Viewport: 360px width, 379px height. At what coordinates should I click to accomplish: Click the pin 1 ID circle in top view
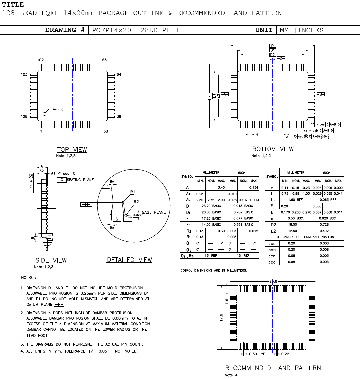click(45, 114)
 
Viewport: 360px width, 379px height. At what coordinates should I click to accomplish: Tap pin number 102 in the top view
click(40, 60)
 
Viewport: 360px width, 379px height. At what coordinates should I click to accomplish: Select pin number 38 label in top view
click(106, 131)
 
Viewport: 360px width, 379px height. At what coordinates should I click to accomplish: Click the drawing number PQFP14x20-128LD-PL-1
click(136, 30)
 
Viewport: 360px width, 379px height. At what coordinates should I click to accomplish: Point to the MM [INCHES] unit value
click(303, 30)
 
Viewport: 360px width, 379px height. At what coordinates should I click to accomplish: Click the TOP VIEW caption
click(72, 150)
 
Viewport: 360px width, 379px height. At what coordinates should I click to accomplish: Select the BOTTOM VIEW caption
click(273, 149)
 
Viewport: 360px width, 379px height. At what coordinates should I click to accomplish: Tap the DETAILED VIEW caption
click(129, 260)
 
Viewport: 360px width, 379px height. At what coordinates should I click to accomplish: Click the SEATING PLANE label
click(80, 180)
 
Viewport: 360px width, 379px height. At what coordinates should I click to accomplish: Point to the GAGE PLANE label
click(154, 212)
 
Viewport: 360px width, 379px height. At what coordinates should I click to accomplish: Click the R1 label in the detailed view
click(132, 192)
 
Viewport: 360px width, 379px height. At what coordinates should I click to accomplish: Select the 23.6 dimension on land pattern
click(273, 281)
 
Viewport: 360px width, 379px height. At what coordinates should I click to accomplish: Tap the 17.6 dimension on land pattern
click(221, 318)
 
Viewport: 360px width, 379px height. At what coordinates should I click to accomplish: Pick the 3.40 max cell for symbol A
click(221, 188)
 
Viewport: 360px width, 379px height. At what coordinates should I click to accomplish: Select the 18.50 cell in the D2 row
click(292, 225)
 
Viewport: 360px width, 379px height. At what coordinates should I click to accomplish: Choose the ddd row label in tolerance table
click(272, 262)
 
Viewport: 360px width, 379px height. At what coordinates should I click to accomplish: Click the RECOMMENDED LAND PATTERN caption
click(273, 368)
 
